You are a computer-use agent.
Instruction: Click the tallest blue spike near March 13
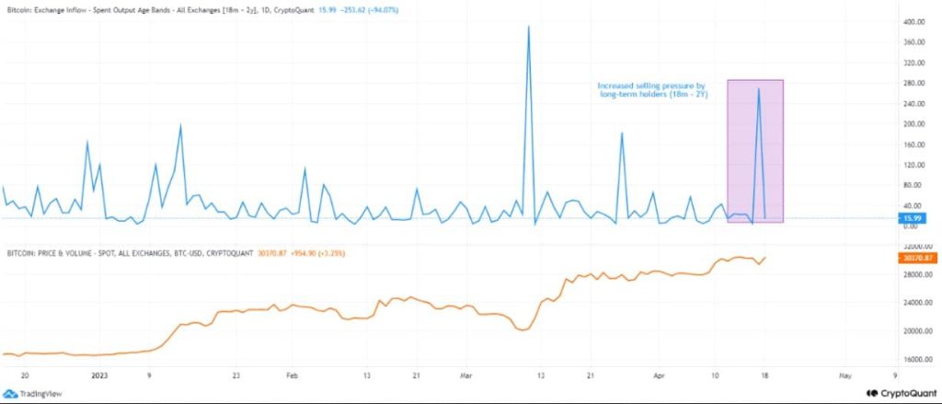[x=529, y=27]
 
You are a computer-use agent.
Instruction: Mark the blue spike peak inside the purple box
[x=758, y=89]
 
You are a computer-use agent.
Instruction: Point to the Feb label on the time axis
[x=293, y=375]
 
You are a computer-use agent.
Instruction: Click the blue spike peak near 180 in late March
[x=622, y=133]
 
